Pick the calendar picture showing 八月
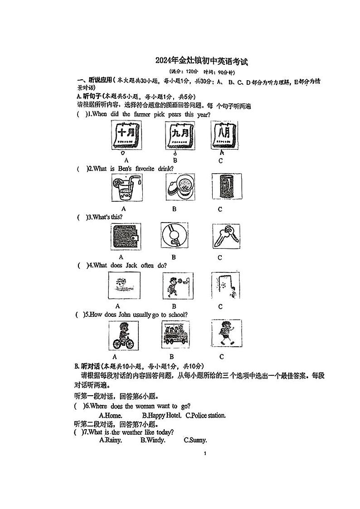tap(223, 136)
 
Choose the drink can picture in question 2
tap(224, 186)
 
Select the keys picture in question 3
tap(225, 236)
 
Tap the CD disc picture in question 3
tap(174, 236)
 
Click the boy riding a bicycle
tap(123, 335)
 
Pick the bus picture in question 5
tap(175, 335)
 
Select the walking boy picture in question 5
tap(224, 334)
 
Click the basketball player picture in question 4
tap(177, 286)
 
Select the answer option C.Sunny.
tap(195, 440)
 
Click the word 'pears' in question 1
tap(175, 115)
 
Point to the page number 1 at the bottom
tap(205, 454)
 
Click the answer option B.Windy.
tap(153, 440)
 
